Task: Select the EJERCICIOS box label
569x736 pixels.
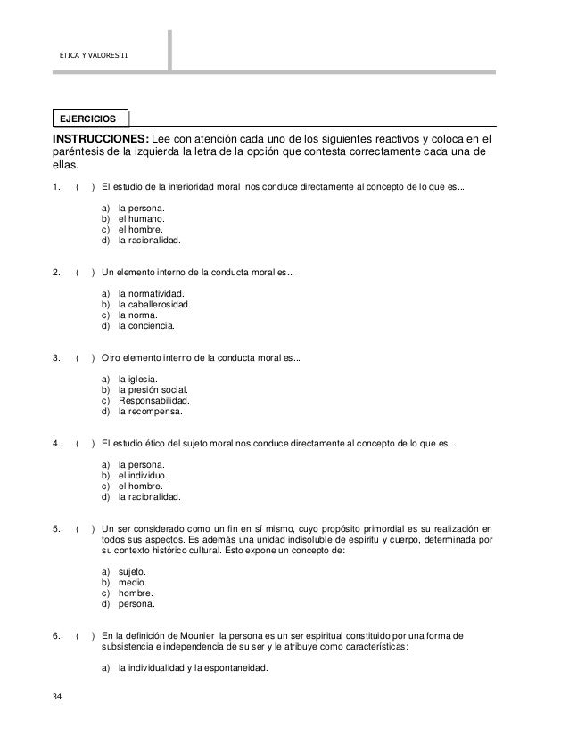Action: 89,118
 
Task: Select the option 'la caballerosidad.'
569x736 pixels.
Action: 154,304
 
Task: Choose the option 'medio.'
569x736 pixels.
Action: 134,582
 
